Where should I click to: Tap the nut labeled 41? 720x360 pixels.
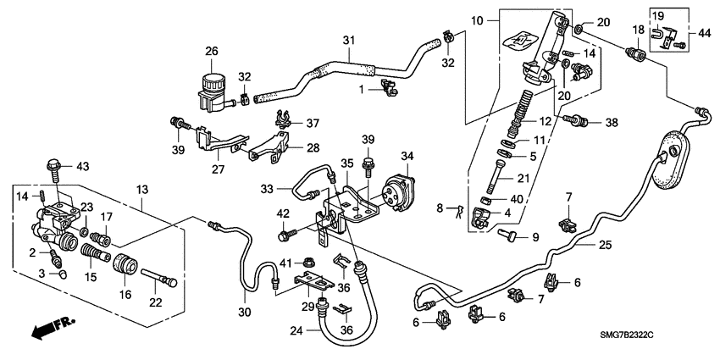pyautogui.click(x=309, y=262)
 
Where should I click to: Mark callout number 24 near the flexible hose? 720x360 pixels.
pyautogui.click(x=296, y=332)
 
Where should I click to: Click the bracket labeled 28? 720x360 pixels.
pyautogui.click(x=269, y=151)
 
